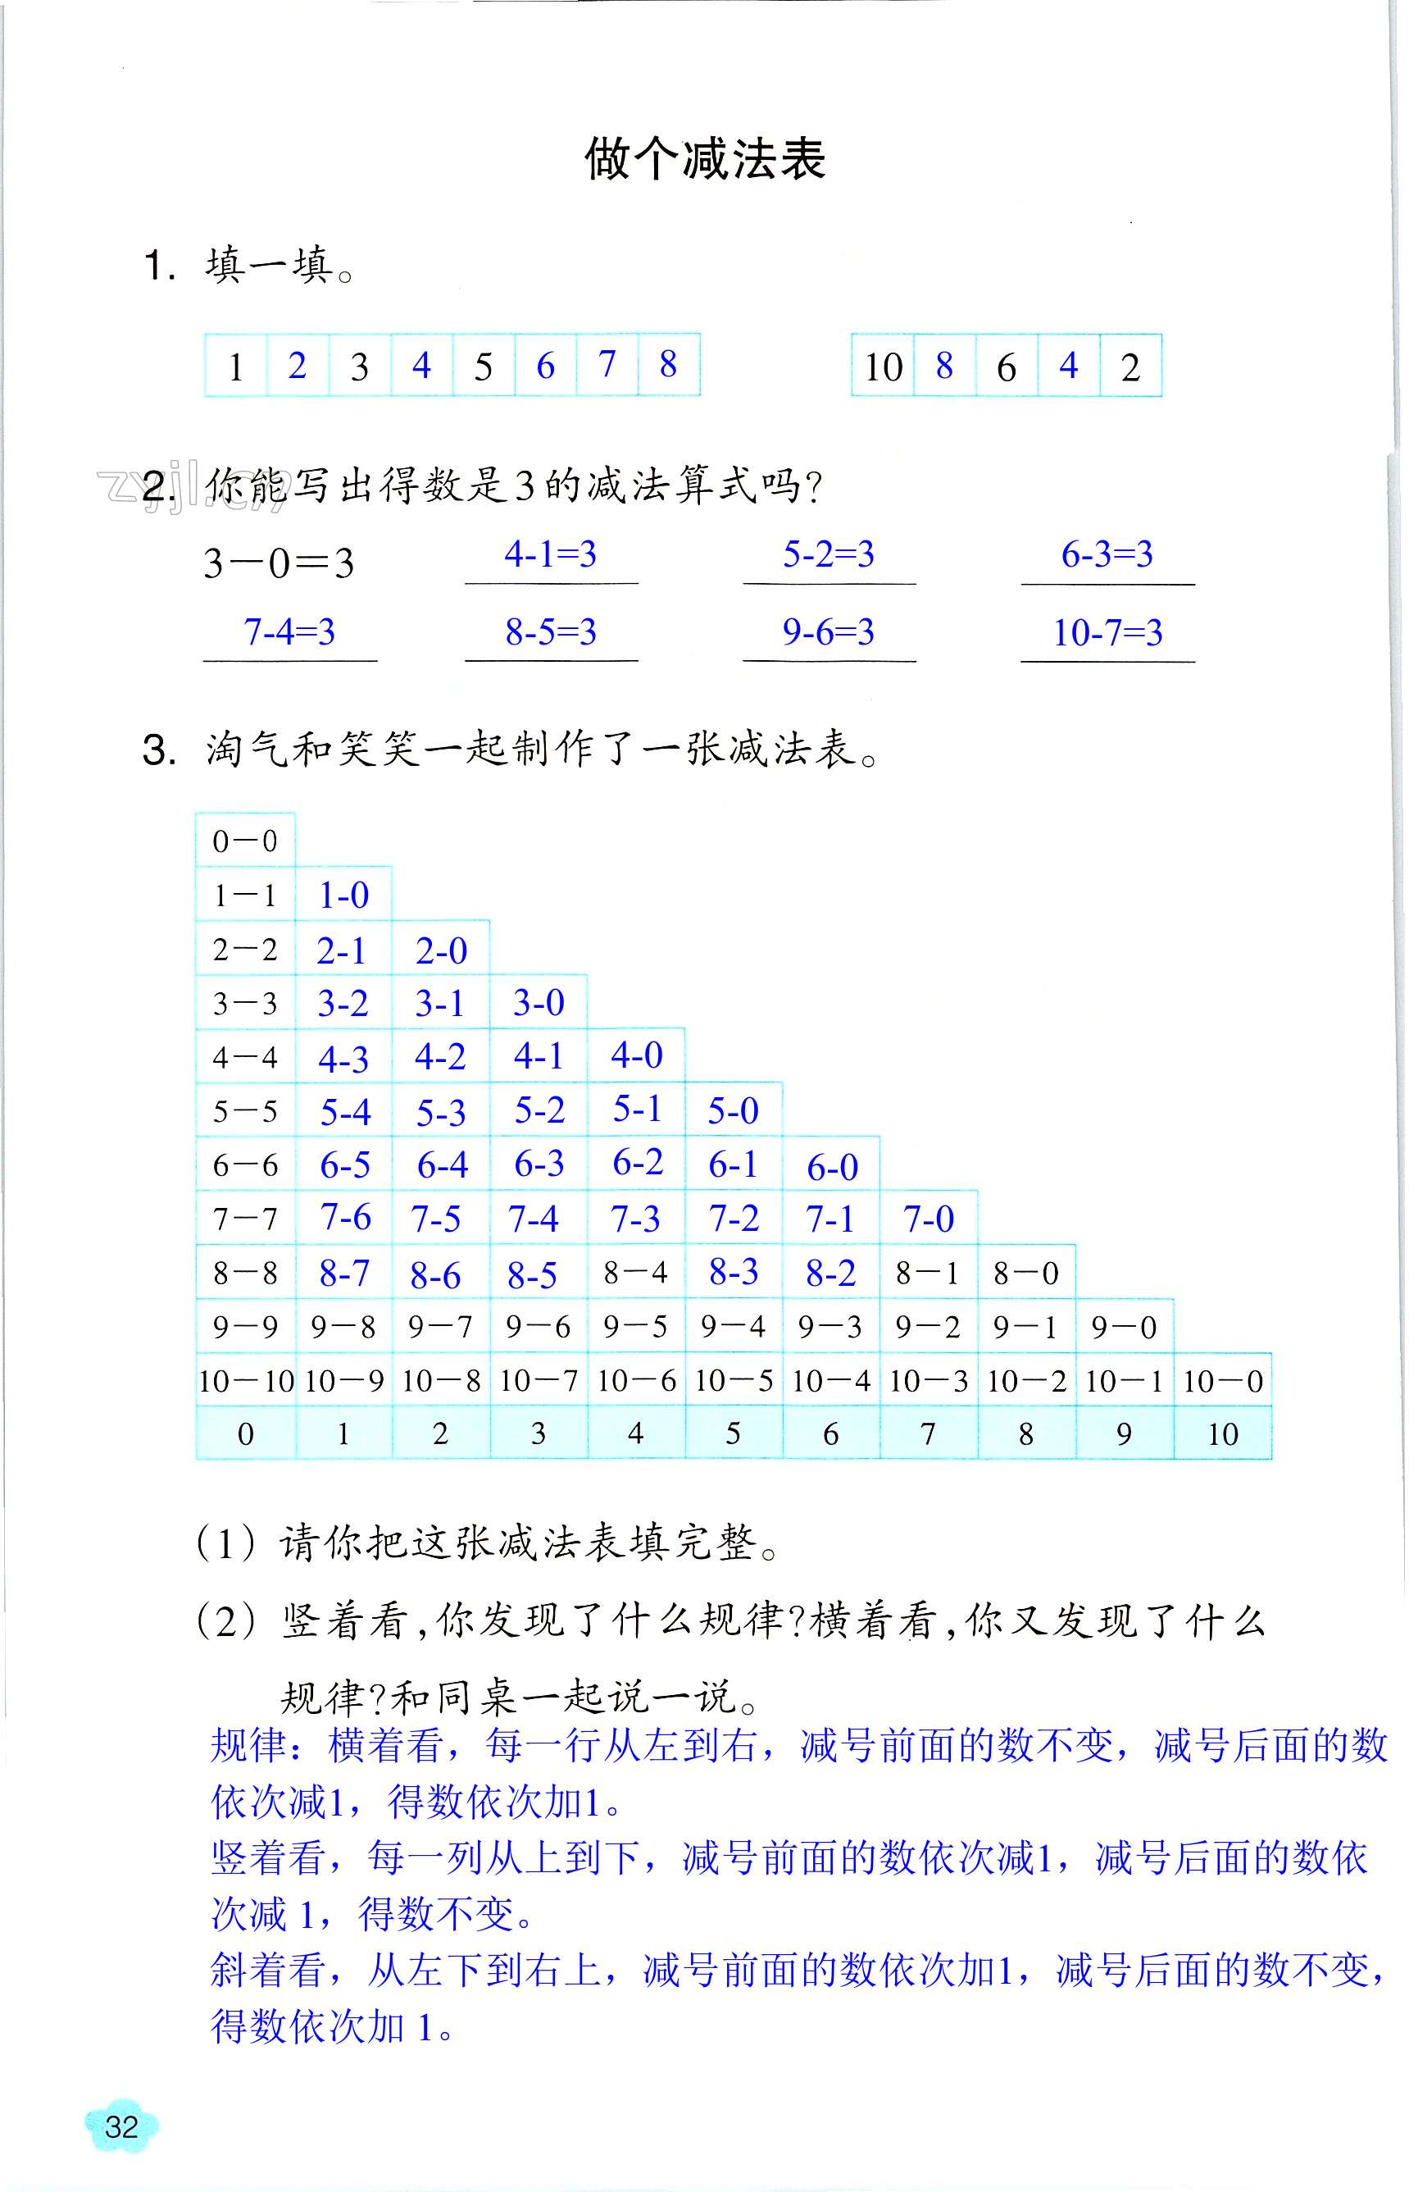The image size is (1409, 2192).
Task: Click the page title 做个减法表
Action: [x=705, y=160]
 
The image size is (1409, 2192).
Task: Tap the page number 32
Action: [x=120, y=2127]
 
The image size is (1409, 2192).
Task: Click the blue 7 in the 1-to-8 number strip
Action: [x=607, y=364]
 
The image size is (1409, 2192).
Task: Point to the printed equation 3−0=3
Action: [x=278, y=563]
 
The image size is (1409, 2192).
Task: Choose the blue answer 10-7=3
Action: [x=1107, y=632]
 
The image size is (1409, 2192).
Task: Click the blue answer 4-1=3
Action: [x=550, y=554]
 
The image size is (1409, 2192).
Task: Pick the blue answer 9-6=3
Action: [x=828, y=631]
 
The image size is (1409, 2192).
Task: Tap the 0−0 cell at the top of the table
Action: [x=244, y=841]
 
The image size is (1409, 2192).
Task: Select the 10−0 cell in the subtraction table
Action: [x=1222, y=1381]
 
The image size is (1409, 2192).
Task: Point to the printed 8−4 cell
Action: [x=635, y=1272]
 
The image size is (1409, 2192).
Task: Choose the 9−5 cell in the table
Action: [x=635, y=1327]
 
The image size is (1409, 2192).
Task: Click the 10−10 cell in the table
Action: [x=245, y=1381]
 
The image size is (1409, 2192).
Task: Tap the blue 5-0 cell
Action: [x=733, y=1111]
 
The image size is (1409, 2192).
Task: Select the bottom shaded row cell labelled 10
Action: [x=1222, y=1434]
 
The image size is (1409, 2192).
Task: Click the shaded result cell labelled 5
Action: [x=733, y=1434]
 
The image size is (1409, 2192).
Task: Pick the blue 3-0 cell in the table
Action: [x=538, y=1003]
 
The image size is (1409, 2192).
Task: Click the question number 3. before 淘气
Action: [x=159, y=750]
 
